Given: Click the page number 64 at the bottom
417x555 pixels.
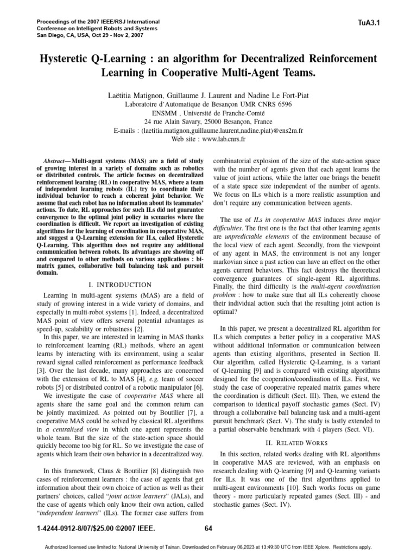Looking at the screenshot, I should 208,529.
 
